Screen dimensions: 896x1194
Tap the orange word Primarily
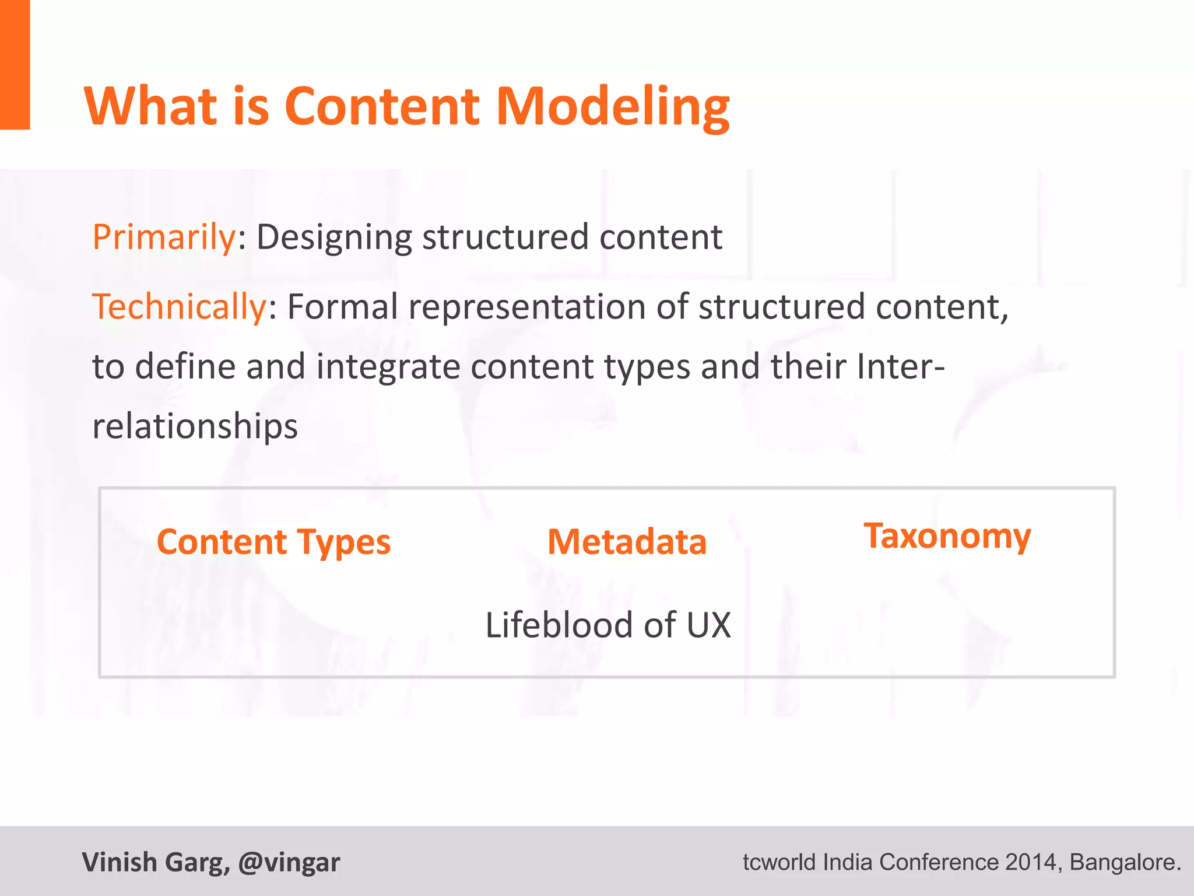pyautogui.click(x=164, y=237)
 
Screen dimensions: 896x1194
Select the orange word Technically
pyautogui.click(x=179, y=307)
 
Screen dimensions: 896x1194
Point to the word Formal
pyautogui.click(x=342, y=307)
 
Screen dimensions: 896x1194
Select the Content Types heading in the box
pyautogui.click(x=273, y=542)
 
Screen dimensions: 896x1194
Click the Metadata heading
pyautogui.click(x=627, y=542)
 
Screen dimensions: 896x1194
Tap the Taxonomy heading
pyautogui.click(x=947, y=536)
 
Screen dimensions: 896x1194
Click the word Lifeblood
pyautogui.click(x=559, y=625)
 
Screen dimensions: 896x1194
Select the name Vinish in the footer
pyautogui.click(x=120, y=862)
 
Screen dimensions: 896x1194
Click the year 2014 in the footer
pyautogui.click(x=1031, y=862)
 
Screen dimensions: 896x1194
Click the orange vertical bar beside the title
pyautogui.click(x=15, y=64)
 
